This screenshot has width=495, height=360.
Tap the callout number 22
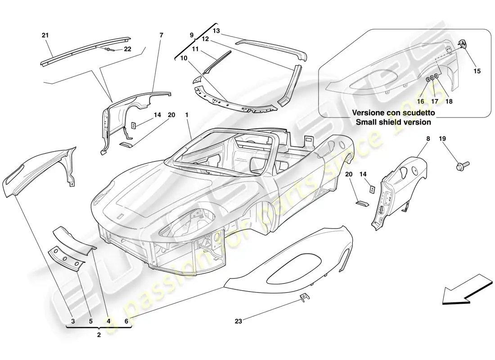(127, 49)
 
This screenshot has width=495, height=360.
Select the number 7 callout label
(162, 35)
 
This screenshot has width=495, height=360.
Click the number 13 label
(216, 31)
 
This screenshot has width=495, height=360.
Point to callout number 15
(477, 71)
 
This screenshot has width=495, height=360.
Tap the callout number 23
(238, 321)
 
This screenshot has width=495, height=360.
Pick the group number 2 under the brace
(99, 335)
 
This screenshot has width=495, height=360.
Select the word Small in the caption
(366, 122)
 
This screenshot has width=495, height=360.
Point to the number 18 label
(449, 102)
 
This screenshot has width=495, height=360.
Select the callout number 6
(126, 321)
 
